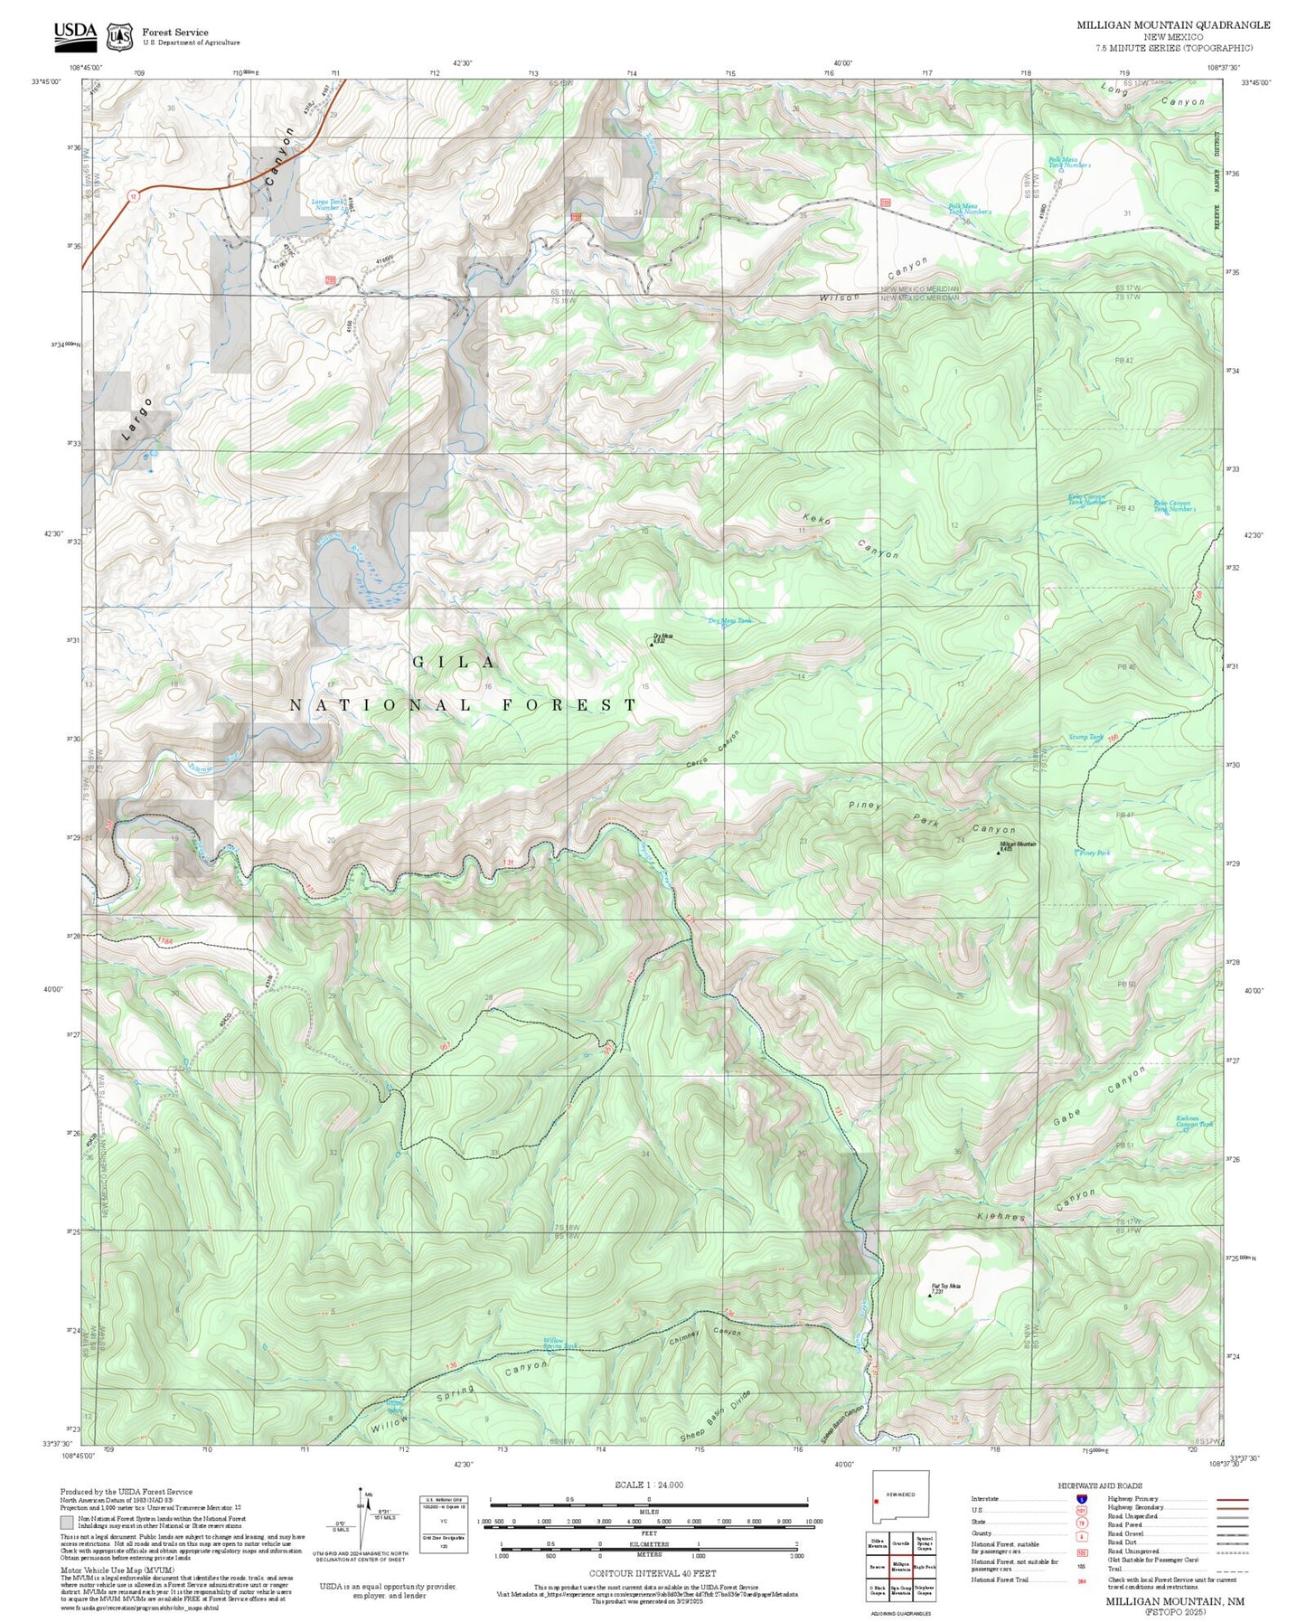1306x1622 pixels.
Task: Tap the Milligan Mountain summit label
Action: [1018, 846]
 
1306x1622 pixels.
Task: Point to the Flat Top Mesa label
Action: [945, 1288]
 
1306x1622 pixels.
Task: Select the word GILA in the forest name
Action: [454, 663]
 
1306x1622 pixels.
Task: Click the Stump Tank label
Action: [1085, 737]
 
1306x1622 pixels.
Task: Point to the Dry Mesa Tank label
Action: [728, 620]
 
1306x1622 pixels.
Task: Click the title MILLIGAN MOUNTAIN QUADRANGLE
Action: [1172, 24]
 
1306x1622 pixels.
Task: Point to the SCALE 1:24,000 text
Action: [648, 1485]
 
